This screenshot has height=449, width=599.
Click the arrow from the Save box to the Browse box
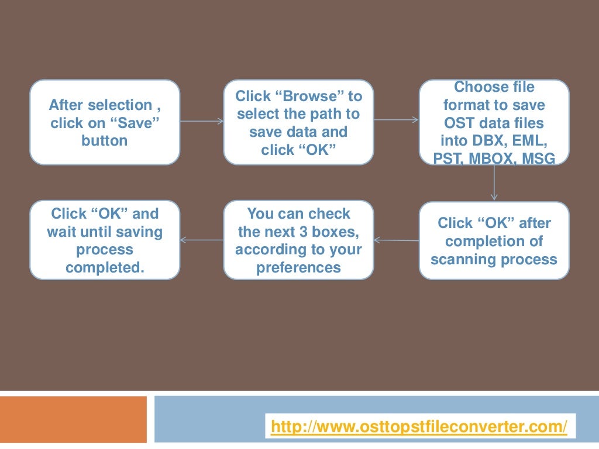202,122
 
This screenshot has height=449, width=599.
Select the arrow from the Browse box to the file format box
396,120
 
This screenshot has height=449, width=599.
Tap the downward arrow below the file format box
494,182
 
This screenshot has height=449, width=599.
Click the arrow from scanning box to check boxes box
396,240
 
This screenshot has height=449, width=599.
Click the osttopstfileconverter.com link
419,427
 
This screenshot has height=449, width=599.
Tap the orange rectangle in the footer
73,419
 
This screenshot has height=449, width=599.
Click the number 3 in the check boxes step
303,232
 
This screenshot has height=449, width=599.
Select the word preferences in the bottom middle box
298,268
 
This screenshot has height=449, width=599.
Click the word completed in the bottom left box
105,268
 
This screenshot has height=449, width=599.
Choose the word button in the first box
105,141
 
